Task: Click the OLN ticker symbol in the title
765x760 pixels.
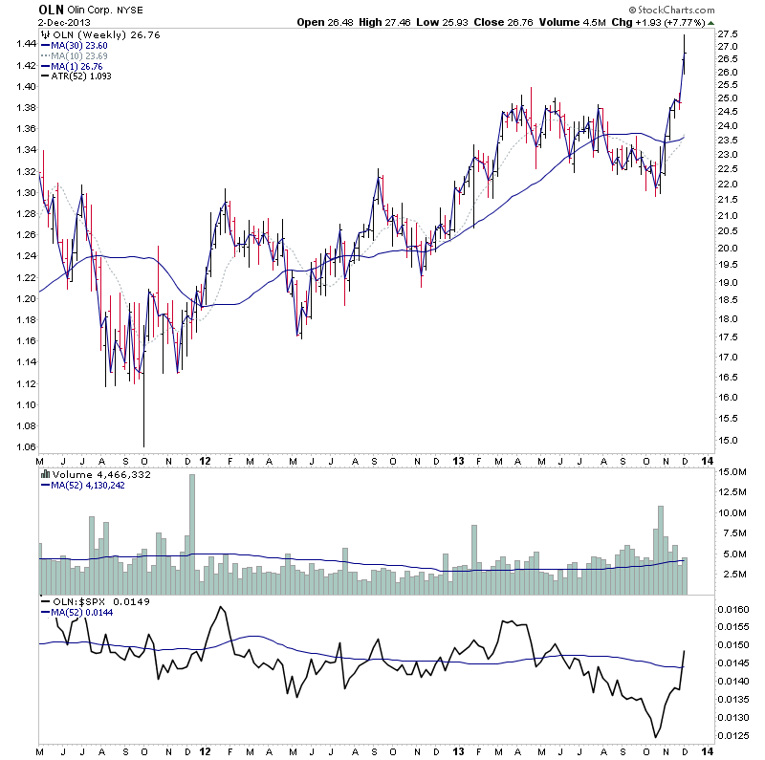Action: pyautogui.click(x=51, y=10)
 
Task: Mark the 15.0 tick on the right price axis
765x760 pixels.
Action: pyautogui.click(x=731, y=440)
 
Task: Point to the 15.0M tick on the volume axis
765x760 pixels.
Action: pyautogui.click(x=732, y=472)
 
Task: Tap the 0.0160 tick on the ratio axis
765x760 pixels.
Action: pyautogui.click(x=735, y=608)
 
